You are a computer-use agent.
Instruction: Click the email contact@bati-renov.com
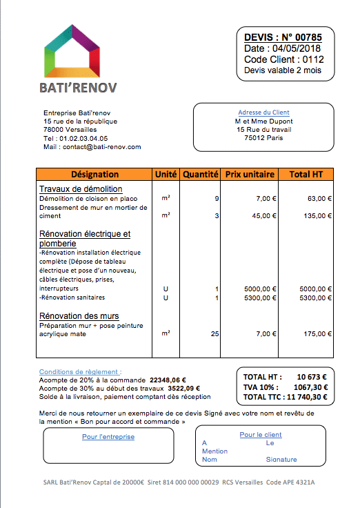tap(101, 147)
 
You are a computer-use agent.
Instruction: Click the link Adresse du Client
tap(263, 113)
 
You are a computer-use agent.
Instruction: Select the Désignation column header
tap(94, 175)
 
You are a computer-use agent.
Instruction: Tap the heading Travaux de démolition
tap(81, 189)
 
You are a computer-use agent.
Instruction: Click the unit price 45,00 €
tap(262, 215)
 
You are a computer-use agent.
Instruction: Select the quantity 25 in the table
tap(214, 333)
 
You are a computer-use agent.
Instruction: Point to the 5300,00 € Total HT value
tap(316, 298)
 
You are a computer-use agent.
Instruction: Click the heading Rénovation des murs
tap(79, 316)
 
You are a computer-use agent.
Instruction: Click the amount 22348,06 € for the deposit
tap(168, 380)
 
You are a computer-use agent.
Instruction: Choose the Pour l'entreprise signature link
tap(108, 437)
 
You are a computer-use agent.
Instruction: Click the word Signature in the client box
tap(281, 459)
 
